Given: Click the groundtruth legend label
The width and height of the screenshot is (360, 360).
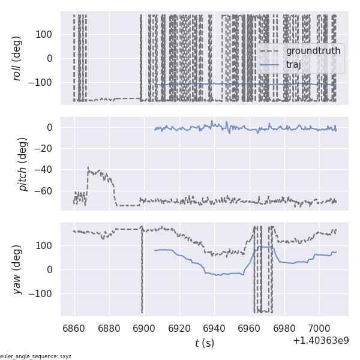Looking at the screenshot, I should [313, 51].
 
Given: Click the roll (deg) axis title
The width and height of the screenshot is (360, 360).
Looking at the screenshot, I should [17, 58].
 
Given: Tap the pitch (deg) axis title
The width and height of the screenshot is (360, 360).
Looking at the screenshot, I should [23, 164].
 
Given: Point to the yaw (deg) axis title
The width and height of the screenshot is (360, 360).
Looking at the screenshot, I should [17, 269].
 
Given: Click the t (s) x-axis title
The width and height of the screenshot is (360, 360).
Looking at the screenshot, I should [204, 343].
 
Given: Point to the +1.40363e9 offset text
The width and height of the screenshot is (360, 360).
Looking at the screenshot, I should [320, 341].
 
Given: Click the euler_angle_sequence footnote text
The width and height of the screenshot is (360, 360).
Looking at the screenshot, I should [36, 356].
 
